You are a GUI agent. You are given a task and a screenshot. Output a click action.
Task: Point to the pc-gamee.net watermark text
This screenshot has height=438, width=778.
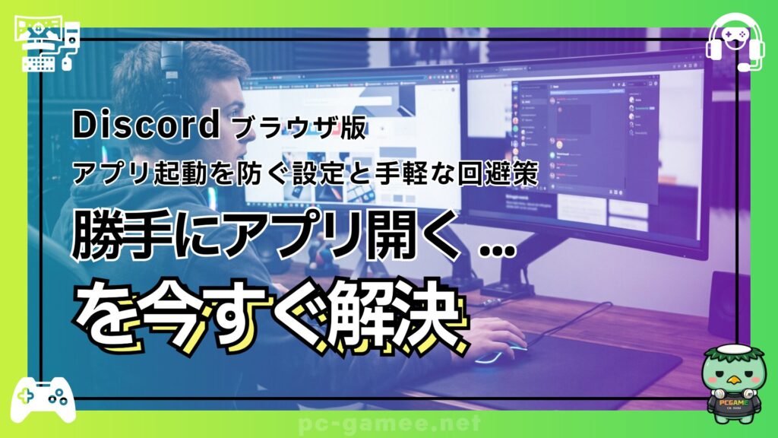[x=389, y=423]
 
